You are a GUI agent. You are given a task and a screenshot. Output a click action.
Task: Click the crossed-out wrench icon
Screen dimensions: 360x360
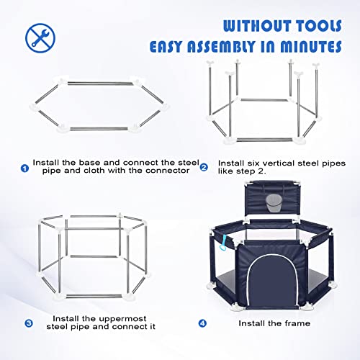tap(40, 38)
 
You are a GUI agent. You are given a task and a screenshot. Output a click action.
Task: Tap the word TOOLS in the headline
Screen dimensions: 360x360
tap(318, 26)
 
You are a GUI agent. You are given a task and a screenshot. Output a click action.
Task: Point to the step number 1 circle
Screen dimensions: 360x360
tap(24, 168)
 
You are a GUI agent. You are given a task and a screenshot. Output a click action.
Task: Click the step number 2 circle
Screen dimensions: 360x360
tap(204, 167)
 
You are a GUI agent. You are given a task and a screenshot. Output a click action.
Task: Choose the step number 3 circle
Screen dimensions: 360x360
tap(29, 323)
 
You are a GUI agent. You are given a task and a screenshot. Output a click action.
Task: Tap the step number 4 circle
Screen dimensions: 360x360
tap(202, 323)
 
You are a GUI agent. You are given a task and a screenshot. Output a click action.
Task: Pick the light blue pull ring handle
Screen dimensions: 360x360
tap(225, 243)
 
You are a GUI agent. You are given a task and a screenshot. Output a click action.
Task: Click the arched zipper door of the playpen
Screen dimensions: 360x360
tap(272, 282)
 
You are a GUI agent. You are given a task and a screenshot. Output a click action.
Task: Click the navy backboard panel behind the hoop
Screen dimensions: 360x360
tap(272, 199)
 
